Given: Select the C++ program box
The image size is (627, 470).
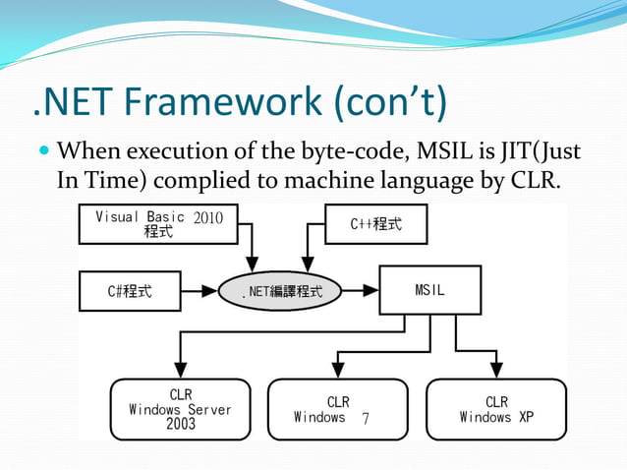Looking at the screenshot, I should pyautogui.click(x=376, y=224).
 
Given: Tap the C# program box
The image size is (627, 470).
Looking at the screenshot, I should pyautogui.click(x=130, y=291).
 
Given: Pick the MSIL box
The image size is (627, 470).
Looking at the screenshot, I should pyautogui.click(x=430, y=290).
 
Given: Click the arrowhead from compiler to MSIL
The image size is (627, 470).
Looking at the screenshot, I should pyautogui.click(x=372, y=291).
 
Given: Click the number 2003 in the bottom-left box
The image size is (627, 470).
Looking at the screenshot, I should pyautogui.click(x=181, y=425).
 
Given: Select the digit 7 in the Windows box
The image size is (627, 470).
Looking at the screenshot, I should pyautogui.click(x=365, y=418).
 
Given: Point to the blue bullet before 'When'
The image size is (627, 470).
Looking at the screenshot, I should pyautogui.click(x=41, y=154).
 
